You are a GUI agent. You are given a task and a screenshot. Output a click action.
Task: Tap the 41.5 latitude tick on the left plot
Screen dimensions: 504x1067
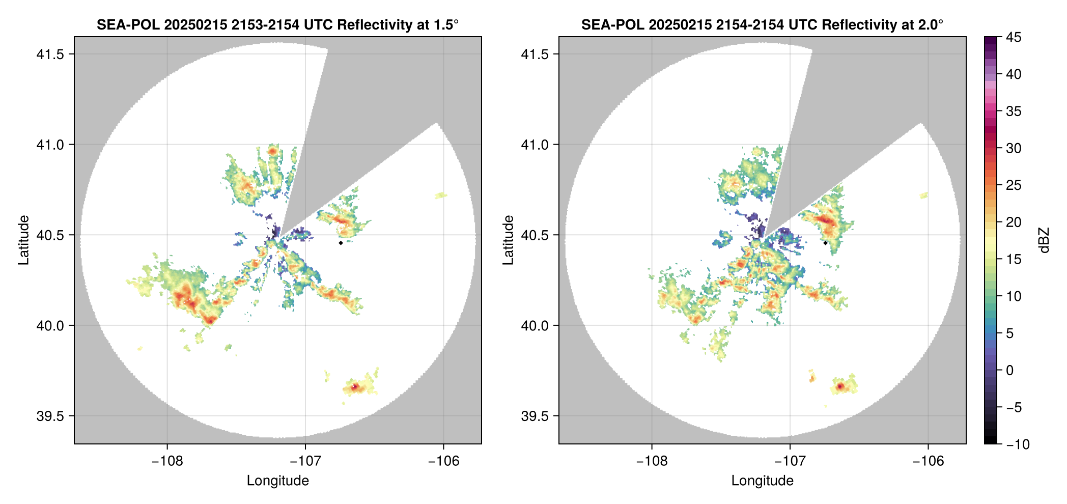pyautogui.click(x=50, y=54)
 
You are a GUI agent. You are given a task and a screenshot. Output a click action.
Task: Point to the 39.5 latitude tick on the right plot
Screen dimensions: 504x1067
pyautogui.click(x=535, y=416)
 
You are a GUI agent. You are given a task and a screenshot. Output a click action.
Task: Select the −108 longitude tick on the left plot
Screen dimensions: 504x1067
pyautogui.click(x=167, y=461)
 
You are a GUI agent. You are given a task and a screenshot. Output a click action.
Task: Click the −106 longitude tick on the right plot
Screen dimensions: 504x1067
pyautogui.click(x=929, y=461)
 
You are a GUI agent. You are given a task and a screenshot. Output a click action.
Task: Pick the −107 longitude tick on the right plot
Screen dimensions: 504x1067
pyautogui.click(x=790, y=461)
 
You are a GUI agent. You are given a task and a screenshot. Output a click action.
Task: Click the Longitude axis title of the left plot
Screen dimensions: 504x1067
pyautogui.click(x=277, y=481)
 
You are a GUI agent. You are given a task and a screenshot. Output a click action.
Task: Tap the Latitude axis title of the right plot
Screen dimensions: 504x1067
pyautogui.click(x=508, y=240)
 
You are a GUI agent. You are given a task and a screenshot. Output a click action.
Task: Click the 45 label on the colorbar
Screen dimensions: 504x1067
pyautogui.click(x=1014, y=37)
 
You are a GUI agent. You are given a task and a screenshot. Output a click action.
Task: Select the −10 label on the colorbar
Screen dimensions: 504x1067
pyautogui.click(x=1018, y=444)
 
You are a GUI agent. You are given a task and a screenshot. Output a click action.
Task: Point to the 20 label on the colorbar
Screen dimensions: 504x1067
pyautogui.click(x=1014, y=222)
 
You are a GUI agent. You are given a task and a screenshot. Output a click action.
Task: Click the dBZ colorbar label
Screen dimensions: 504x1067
pyautogui.click(x=1044, y=240)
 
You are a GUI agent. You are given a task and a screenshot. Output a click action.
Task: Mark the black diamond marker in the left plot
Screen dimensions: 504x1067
pyautogui.click(x=341, y=243)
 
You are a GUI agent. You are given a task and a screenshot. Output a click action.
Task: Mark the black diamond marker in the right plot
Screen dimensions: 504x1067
pyautogui.click(x=825, y=243)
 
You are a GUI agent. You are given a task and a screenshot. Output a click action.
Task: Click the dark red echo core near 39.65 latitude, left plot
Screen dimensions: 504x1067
pyautogui.click(x=355, y=387)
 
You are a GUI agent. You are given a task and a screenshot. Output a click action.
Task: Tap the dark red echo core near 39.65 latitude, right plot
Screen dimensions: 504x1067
pyautogui.click(x=840, y=387)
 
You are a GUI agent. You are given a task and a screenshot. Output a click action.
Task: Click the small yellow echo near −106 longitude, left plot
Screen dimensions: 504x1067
pyautogui.click(x=441, y=195)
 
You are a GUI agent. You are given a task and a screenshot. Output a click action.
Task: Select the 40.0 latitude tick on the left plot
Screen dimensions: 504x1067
pyautogui.click(x=50, y=326)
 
